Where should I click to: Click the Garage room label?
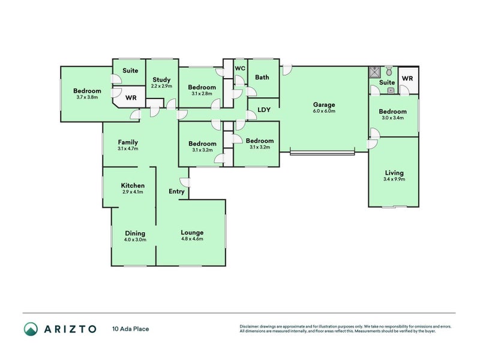(323, 104)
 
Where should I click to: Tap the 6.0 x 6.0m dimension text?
(323, 111)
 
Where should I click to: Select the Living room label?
(394, 172)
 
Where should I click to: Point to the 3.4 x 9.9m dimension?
(394, 179)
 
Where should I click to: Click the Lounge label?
(192, 232)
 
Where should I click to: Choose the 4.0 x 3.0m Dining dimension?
(135, 239)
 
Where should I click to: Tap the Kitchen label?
(133, 185)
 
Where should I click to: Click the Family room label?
(128, 142)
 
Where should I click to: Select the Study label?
(161, 80)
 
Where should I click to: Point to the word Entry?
(176, 191)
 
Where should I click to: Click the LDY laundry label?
(263, 110)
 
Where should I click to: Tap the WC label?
(240, 68)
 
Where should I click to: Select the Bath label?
(262, 77)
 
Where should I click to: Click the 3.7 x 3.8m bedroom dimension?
(88, 97)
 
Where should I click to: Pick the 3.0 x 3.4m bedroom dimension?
(392, 118)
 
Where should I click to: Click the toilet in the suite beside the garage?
(389, 70)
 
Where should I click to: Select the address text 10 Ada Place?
(130, 329)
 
